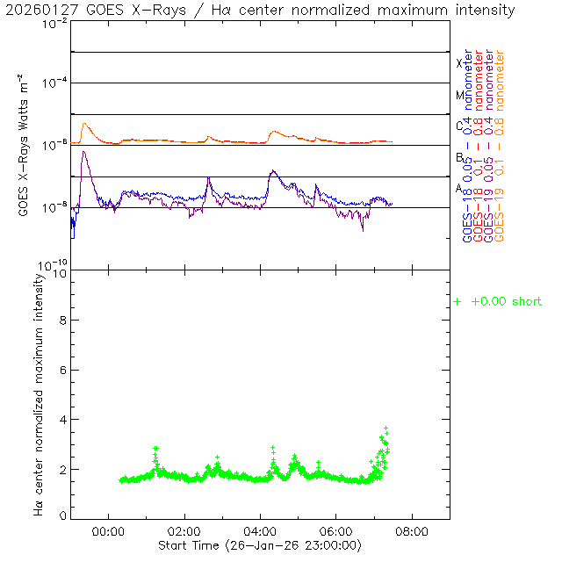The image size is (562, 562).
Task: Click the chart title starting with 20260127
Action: pyautogui.click(x=260, y=11)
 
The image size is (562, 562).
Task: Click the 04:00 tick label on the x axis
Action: pyautogui.click(x=260, y=530)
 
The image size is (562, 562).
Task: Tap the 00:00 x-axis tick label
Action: pyautogui.click(x=108, y=530)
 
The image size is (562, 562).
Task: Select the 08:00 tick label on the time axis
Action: pyautogui.click(x=412, y=530)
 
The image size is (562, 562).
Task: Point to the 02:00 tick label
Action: pyautogui.click(x=184, y=530)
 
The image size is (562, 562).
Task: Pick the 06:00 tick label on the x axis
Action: pyautogui.click(x=336, y=530)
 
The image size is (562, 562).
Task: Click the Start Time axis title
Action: pyautogui.click(x=259, y=545)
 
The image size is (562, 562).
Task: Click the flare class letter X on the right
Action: pyautogui.click(x=459, y=63)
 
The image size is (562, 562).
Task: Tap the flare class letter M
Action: pyautogui.click(x=459, y=95)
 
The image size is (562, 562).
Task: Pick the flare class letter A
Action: pyautogui.click(x=459, y=188)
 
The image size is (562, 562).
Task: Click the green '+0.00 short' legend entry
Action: pyautogui.click(x=498, y=302)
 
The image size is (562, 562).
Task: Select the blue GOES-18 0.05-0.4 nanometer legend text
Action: pyautogui.click(x=469, y=145)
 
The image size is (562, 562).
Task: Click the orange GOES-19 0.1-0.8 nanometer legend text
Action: pyautogui.click(x=501, y=145)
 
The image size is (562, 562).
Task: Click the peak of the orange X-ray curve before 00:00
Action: pyautogui.click(x=84, y=124)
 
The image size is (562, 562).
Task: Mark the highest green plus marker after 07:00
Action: pyautogui.click(x=385, y=428)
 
